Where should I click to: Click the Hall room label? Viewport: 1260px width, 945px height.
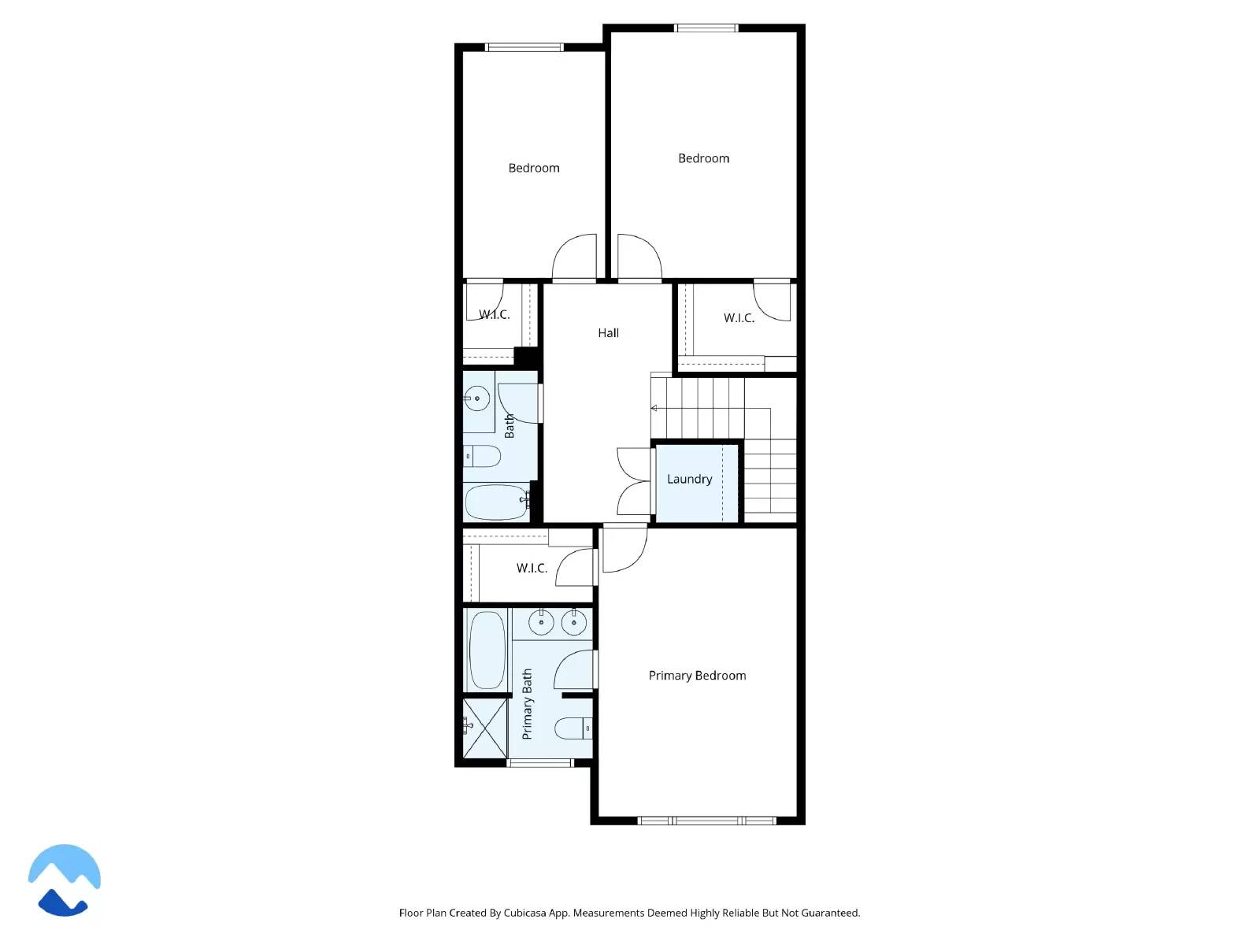[608, 333]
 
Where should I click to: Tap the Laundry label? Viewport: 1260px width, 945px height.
[689, 479]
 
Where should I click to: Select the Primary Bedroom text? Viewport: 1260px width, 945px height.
[697, 676]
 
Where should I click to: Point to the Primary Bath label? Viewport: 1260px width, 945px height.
[527, 704]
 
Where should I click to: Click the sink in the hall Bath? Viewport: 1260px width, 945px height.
[476, 399]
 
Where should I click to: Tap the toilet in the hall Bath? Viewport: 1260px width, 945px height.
[482, 456]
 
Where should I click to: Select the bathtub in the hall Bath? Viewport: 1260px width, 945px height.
[496, 502]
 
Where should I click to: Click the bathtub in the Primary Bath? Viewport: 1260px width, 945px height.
[487, 651]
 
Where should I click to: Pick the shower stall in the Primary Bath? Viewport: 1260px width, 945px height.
[484, 728]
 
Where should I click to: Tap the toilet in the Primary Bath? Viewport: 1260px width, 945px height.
[573, 729]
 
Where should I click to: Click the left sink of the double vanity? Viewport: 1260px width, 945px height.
[541, 623]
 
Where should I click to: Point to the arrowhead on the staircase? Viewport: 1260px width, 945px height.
[654, 408]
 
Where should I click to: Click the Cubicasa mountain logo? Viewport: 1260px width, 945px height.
[65, 880]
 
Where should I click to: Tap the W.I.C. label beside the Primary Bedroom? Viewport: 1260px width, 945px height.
[532, 568]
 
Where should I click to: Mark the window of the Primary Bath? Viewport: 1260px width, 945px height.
[539, 762]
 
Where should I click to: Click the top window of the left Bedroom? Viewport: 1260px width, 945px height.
[524, 47]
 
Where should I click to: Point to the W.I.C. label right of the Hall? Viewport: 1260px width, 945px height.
[739, 318]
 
